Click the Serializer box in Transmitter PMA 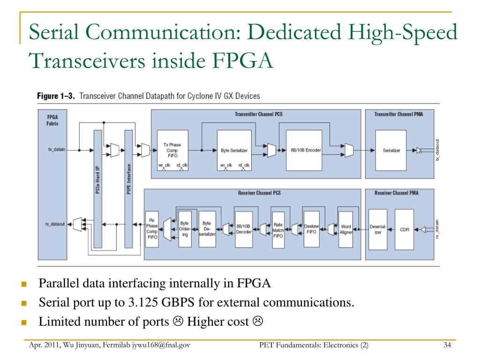tap(391, 150)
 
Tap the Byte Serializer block tap(234, 150)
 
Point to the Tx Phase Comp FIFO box tap(172, 150)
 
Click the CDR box tap(404, 230)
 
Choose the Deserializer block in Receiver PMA tap(378, 230)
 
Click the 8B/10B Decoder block tap(244, 228)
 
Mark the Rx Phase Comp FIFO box tap(152, 228)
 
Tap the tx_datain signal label tap(57, 150)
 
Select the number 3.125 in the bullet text tap(142, 302)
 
